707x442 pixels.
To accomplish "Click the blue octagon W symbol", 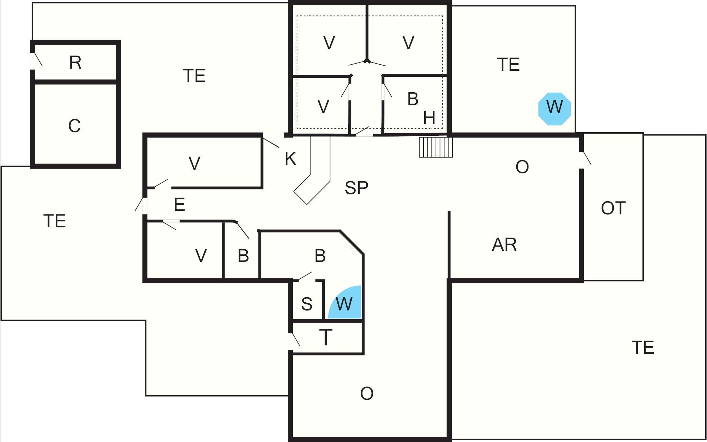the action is click(x=555, y=109).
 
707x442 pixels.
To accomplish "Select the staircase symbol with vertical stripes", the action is click(x=436, y=147).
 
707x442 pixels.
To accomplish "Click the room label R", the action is click(x=75, y=63).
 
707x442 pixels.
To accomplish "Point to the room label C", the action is click(x=74, y=126).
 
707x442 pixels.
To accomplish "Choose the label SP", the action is click(x=356, y=188).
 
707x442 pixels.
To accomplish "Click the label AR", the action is click(x=504, y=245).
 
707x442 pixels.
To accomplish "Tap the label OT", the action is click(x=613, y=208).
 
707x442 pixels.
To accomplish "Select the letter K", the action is click(x=290, y=159).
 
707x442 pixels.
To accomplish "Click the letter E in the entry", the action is click(x=179, y=205).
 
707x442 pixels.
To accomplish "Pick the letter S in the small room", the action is click(x=307, y=304).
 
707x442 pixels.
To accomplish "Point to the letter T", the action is click(x=325, y=337).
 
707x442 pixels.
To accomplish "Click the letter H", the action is click(x=429, y=118).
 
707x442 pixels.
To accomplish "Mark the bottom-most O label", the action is click(x=367, y=393).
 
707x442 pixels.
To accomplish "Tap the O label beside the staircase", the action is click(x=522, y=167).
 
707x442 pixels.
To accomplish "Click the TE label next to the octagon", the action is click(x=508, y=65).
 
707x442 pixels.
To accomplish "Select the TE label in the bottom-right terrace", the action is click(x=643, y=348).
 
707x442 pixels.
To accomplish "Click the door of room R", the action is click(x=36, y=60).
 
